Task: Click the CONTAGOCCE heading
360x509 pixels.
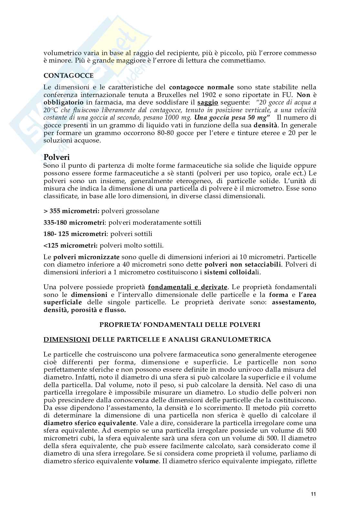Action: [x=68, y=76]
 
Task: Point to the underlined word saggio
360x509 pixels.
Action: [x=208, y=103]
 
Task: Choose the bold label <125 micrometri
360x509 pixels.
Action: [x=70, y=246]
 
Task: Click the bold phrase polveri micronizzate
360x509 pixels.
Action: [x=86, y=257]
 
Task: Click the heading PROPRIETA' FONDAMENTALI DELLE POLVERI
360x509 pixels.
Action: [x=180, y=325]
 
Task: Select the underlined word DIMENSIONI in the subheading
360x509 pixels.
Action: [x=67, y=339]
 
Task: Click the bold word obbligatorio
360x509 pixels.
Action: [x=63, y=103]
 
